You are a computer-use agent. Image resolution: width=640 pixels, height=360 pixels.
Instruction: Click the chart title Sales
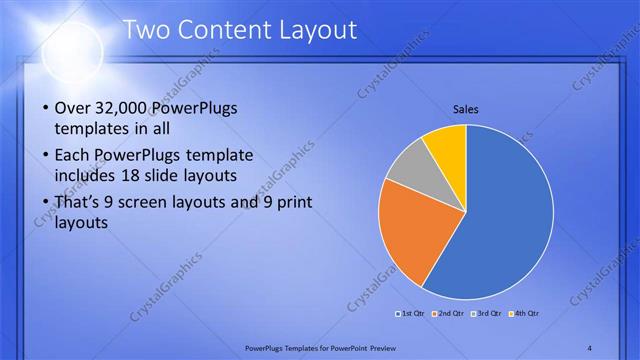coord(466,108)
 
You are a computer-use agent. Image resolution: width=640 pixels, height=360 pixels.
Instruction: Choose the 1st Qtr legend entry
coord(412,314)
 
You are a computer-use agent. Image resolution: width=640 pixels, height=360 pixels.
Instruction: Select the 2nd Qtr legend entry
coord(450,314)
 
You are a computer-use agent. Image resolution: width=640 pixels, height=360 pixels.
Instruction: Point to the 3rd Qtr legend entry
coord(488,314)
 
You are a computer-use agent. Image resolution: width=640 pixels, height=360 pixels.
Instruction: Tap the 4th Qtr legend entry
coord(525,314)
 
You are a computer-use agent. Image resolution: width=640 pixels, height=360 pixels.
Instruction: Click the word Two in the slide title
coord(146,31)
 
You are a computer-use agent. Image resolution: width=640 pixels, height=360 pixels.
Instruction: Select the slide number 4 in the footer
coord(589,347)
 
